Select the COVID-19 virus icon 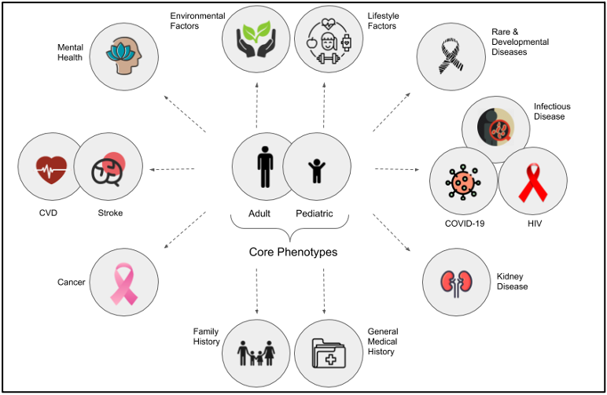pyautogui.click(x=463, y=182)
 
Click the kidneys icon pyautogui.click(x=457, y=282)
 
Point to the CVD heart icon pyautogui.click(x=51, y=168)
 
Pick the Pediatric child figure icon pyautogui.click(x=316, y=168)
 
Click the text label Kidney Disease pyautogui.click(x=512, y=282)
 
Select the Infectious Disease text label pyautogui.click(x=551, y=111)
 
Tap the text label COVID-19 pyautogui.click(x=464, y=223)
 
